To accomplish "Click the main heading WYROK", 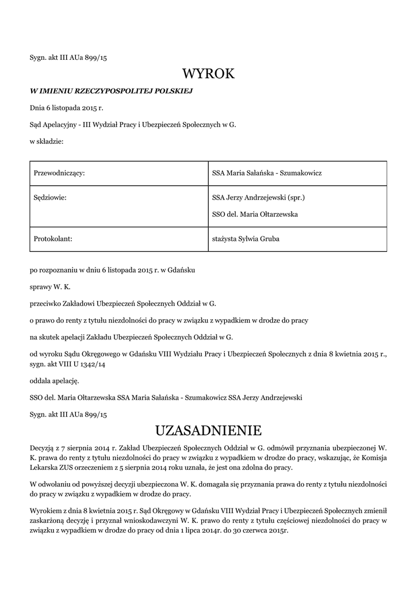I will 208,74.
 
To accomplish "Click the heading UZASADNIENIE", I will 208,430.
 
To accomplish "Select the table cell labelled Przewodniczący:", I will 60,173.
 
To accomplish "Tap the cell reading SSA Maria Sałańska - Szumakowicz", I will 266,173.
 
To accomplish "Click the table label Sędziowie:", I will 51,198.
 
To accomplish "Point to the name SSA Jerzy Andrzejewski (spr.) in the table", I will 258,198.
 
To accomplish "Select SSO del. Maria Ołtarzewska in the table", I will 255,215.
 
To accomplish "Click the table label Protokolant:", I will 53,239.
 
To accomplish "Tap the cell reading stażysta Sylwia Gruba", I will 246,239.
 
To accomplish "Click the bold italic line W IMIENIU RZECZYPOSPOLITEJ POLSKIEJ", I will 111,91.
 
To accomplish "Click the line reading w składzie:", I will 47,141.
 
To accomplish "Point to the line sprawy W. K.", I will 51,286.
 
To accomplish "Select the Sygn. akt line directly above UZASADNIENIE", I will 68,414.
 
